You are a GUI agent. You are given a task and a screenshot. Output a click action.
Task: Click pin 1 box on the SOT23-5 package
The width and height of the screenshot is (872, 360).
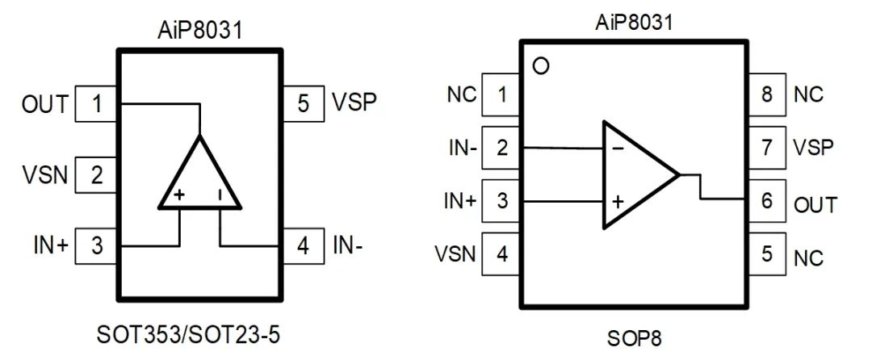(x=97, y=104)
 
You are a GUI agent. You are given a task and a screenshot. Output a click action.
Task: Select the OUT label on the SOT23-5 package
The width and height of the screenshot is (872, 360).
(x=45, y=104)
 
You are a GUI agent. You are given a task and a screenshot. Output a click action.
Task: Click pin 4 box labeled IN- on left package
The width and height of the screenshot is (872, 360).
(x=304, y=245)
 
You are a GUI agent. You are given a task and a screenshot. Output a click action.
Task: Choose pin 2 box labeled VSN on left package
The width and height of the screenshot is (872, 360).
(x=97, y=174)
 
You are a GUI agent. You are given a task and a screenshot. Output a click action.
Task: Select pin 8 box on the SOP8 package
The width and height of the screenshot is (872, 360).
(x=767, y=94)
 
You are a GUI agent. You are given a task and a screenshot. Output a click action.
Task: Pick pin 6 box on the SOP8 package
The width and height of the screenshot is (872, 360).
(x=767, y=201)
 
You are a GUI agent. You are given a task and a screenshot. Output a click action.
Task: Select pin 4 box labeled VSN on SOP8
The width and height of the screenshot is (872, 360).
(x=501, y=255)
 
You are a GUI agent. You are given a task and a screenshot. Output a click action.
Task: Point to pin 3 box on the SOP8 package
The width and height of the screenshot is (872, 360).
(x=501, y=201)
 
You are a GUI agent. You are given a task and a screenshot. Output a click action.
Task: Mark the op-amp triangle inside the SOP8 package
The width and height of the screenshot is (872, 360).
(x=634, y=174)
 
